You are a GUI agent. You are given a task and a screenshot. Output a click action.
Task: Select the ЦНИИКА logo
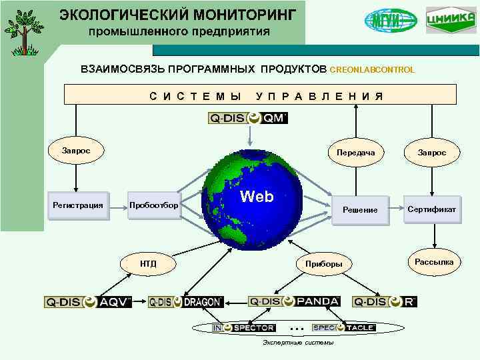click(451, 19)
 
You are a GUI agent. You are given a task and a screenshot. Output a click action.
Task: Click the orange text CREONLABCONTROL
click(372, 70)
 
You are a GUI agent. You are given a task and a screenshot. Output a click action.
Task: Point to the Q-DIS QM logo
click(248, 118)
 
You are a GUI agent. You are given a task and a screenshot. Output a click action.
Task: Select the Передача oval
click(356, 153)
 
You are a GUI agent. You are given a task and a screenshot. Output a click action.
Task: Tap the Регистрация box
click(78, 205)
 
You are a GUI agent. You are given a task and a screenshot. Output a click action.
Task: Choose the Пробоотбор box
click(154, 205)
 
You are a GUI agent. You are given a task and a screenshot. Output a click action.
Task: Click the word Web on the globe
click(257, 197)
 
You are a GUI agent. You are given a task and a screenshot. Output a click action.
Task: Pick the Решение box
click(360, 210)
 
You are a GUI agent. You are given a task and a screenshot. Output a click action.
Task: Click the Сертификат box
click(432, 209)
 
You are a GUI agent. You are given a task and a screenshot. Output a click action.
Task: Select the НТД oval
click(148, 264)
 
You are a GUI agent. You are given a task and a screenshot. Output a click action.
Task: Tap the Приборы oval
click(324, 264)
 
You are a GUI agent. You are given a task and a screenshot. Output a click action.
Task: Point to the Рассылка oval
click(434, 262)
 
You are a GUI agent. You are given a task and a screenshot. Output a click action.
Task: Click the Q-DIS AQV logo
click(88, 302)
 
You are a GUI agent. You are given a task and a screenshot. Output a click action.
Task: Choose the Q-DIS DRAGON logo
click(185, 302)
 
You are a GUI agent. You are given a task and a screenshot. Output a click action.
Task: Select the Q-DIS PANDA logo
click(294, 301)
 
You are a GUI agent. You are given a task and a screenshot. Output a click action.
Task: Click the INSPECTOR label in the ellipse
click(243, 328)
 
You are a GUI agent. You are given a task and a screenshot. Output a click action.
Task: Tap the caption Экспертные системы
click(294, 343)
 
